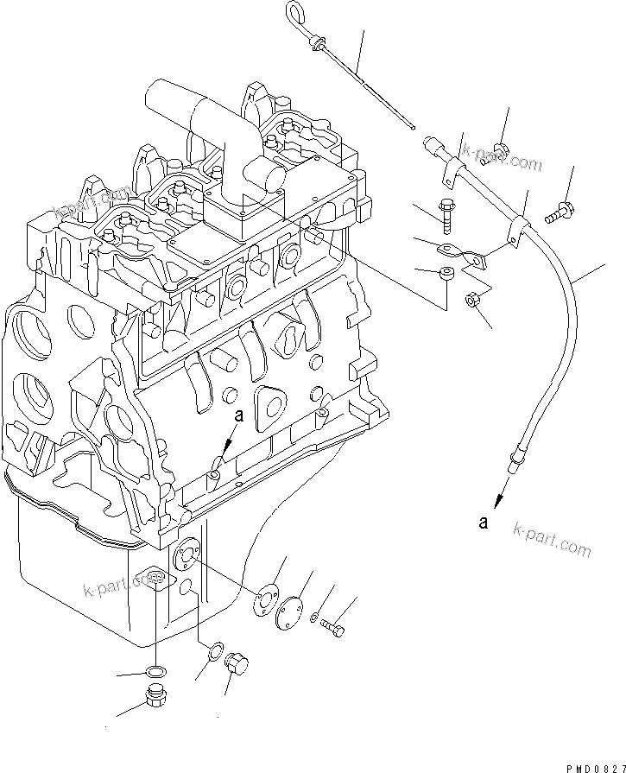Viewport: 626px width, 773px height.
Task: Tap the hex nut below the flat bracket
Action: pyautogui.click(x=474, y=301)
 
